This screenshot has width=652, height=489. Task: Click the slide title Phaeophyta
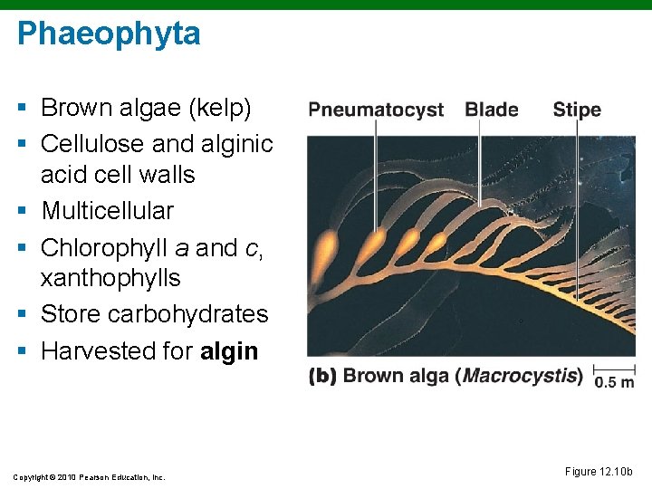(x=109, y=34)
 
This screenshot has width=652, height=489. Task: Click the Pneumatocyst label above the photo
(x=376, y=110)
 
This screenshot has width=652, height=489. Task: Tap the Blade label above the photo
(x=492, y=110)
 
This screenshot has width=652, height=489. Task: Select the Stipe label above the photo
(x=577, y=110)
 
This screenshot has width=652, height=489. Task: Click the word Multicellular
(x=107, y=211)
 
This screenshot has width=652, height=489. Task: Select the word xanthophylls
(x=110, y=278)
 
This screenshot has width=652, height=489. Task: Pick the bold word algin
(x=229, y=351)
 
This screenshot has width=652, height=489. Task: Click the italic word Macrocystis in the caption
(x=523, y=376)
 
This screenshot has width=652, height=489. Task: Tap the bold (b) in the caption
(x=323, y=376)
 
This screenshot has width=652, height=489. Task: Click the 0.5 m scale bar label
(x=614, y=382)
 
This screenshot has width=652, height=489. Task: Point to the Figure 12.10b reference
(x=599, y=472)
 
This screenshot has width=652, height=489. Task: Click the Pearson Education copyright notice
(x=90, y=476)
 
